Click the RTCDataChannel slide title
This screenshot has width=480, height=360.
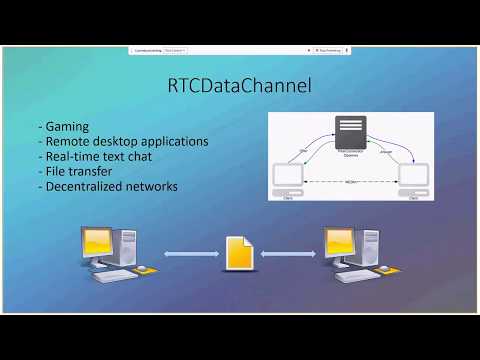[x=240, y=87]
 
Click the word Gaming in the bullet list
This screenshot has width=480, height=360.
[x=64, y=127]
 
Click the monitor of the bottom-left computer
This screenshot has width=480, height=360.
[x=98, y=244]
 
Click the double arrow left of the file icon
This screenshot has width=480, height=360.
[x=189, y=254]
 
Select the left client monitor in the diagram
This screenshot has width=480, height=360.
[x=288, y=176]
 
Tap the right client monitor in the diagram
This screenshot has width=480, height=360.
[x=413, y=176]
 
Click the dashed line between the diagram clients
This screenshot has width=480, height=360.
[x=350, y=182]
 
